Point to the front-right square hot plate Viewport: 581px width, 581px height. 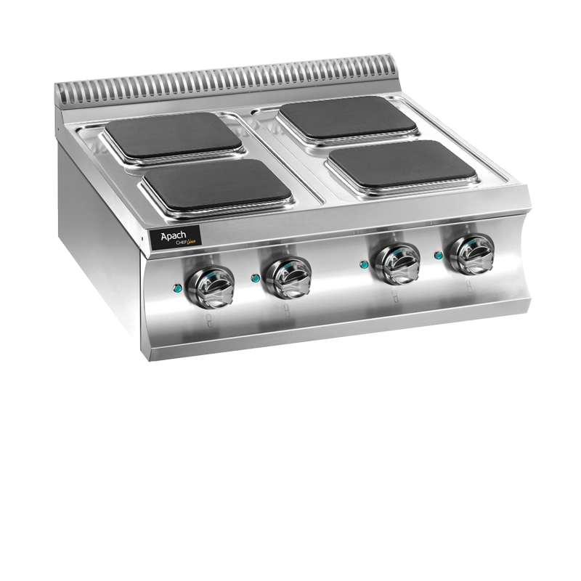402,162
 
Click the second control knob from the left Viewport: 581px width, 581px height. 288,275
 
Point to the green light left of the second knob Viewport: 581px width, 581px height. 253,277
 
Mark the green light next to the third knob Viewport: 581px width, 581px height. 364,264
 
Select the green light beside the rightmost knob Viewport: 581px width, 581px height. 438,255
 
